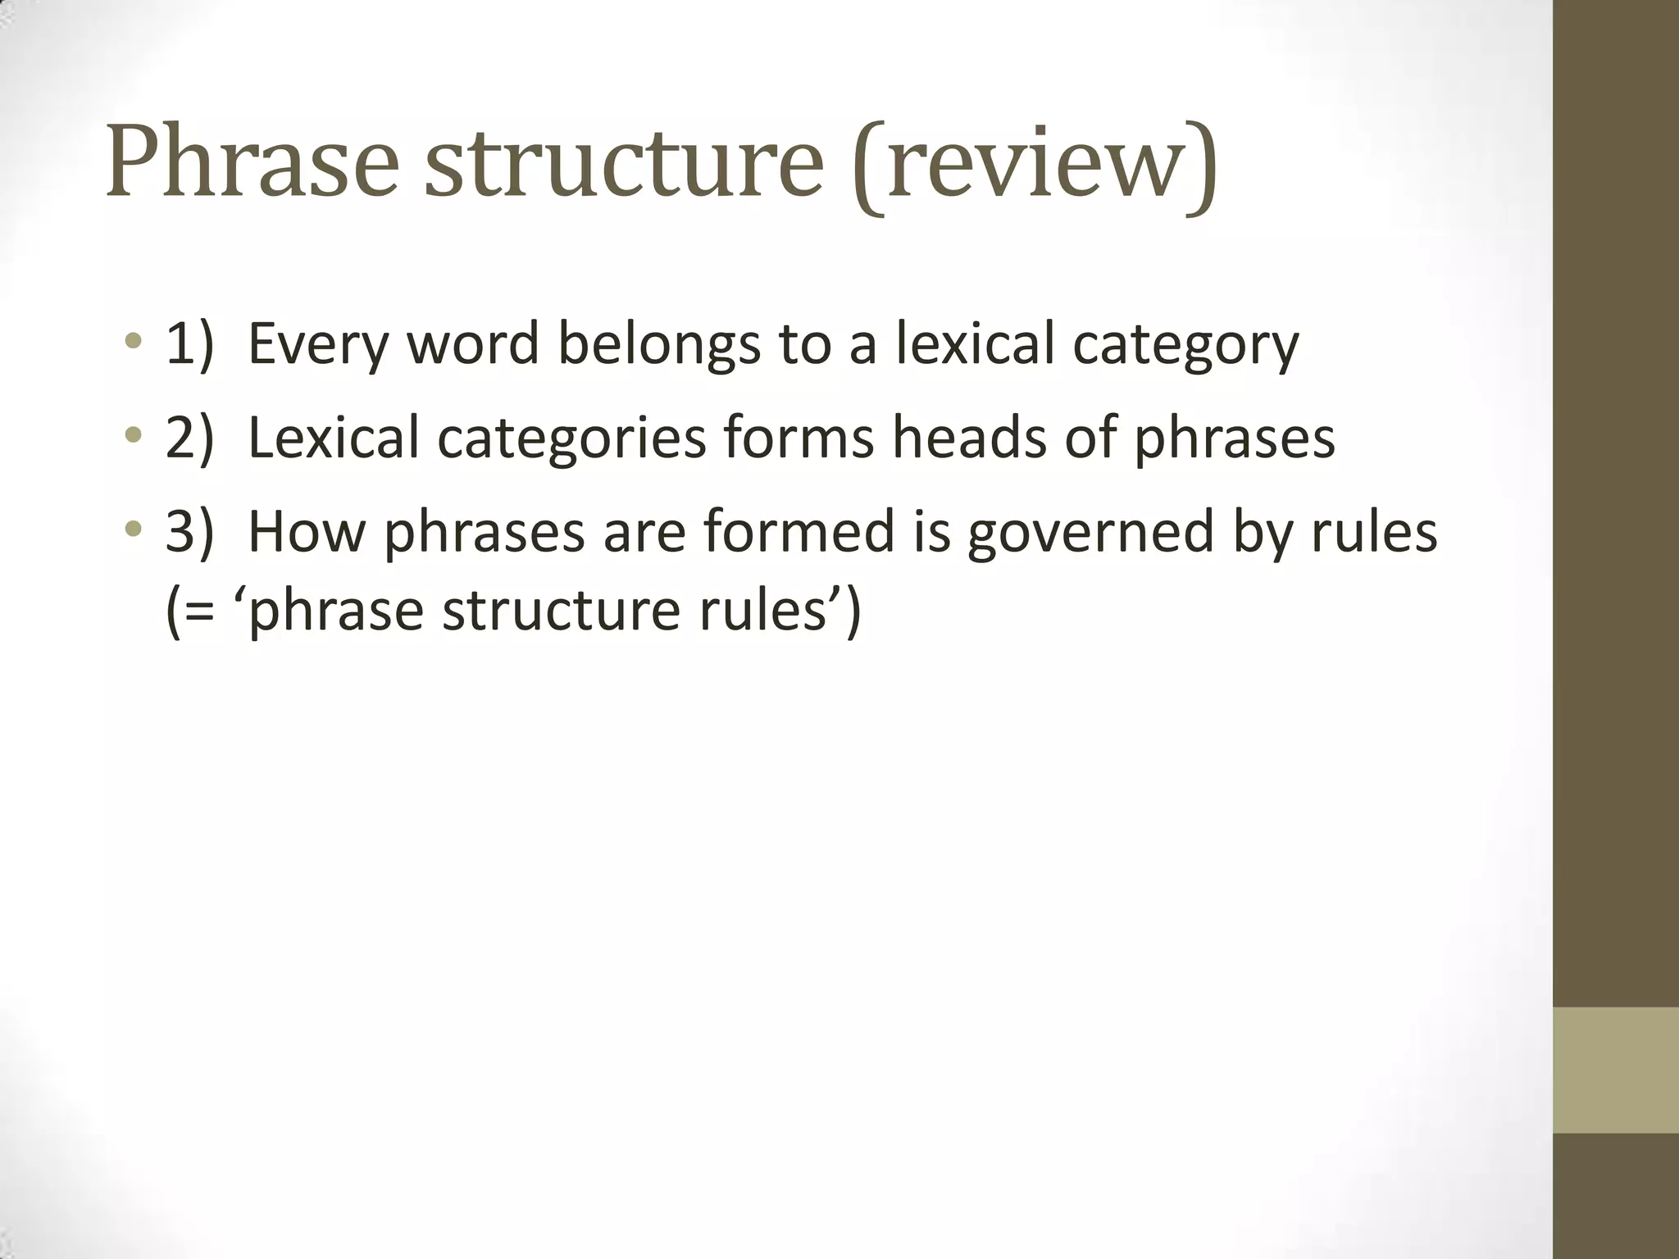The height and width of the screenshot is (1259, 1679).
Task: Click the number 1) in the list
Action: (x=189, y=345)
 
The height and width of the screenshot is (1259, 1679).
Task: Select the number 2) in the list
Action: (x=189, y=439)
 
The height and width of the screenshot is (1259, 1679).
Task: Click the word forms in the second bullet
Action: (x=799, y=439)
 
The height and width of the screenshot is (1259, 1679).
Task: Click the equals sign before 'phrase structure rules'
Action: (x=206, y=611)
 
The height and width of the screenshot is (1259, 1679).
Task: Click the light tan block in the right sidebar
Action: (x=1616, y=1070)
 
